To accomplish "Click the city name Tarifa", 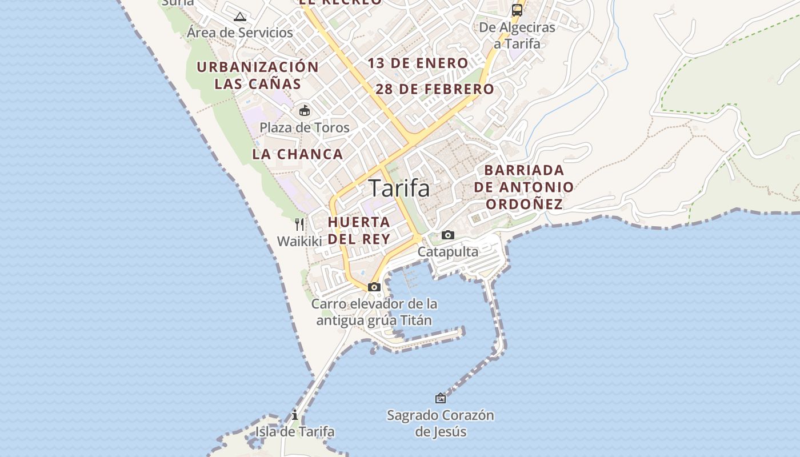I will tap(399, 188).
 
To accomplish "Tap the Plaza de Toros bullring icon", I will tap(305, 110).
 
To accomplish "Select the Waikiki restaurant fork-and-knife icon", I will tap(299, 224).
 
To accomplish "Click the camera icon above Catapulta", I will tap(448, 235).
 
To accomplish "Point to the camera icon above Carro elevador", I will tap(374, 287).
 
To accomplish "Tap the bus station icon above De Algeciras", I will tap(517, 10).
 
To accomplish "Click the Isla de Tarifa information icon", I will tap(295, 415).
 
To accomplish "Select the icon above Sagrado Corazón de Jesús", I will tap(440, 398).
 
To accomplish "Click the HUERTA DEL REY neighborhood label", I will tap(359, 230).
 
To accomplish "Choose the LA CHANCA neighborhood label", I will tap(298, 154).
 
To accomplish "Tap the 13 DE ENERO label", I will tap(418, 63).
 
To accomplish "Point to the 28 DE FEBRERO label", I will tap(435, 89).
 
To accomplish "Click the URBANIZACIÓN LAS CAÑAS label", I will tap(258, 75).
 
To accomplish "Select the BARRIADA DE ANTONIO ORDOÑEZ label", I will tap(524, 187).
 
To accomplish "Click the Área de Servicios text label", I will tap(240, 33).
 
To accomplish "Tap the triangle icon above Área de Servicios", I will tap(240, 17).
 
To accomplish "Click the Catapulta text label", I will tap(448, 251).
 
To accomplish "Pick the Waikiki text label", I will tap(299, 241).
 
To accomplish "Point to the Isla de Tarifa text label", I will tap(295, 431).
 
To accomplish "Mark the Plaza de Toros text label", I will tap(305, 127).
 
